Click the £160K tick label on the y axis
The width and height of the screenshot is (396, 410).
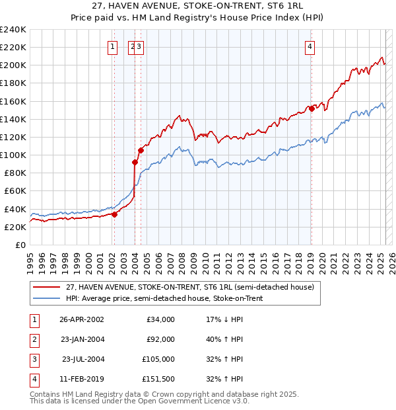[x=13, y=101]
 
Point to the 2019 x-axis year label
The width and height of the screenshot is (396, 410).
[x=310, y=258]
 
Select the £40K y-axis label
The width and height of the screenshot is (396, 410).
[x=15, y=209]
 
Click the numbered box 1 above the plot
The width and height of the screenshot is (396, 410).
[x=114, y=46]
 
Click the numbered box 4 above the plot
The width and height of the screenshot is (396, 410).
[x=310, y=46]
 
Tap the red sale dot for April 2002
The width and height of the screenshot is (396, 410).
[x=114, y=214]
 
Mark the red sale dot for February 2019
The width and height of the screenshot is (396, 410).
[x=311, y=108]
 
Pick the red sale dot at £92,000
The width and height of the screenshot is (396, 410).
[x=135, y=162]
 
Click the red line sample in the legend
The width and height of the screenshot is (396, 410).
[x=46, y=286]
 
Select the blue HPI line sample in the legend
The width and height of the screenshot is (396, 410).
[x=46, y=298]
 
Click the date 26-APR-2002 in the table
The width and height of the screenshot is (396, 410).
[x=81, y=319]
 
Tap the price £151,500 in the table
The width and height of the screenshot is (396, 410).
[x=158, y=379]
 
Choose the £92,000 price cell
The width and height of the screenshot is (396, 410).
[x=160, y=339]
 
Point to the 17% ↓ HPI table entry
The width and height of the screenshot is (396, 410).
[x=225, y=319]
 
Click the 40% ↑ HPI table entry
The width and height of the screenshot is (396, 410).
[x=225, y=339]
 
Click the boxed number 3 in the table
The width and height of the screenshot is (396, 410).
[x=34, y=359]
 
